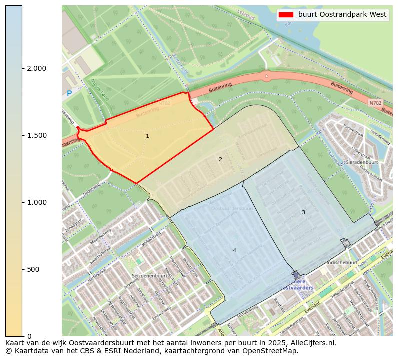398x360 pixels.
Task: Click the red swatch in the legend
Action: [x=286, y=15]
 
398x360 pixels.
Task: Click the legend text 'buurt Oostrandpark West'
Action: [x=342, y=15]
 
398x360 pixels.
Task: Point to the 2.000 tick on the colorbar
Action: [x=23, y=68]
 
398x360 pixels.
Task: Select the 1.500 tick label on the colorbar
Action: [x=36, y=135]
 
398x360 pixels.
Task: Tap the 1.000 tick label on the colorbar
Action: [x=36, y=202]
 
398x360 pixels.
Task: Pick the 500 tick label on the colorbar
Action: [x=33, y=269]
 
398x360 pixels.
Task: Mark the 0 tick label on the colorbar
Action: [x=29, y=336]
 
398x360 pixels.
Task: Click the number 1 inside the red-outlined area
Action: [x=147, y=136]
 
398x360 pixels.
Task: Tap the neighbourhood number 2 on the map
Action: [x=220, y=159]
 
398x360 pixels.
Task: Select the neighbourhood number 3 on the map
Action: [x=303, y=212]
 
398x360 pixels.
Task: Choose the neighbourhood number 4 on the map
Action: [x=234, y=250]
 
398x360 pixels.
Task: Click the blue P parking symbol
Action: [x=69, y=93]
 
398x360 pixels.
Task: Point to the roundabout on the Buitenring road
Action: [x=266, y=76]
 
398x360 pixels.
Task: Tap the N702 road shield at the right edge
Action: [x=375, y=103]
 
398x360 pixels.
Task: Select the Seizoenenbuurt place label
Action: [x=149, y=276]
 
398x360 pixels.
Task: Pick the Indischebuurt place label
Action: [x=341, y=262]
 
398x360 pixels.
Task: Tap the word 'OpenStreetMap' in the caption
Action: [x=272, y=351]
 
